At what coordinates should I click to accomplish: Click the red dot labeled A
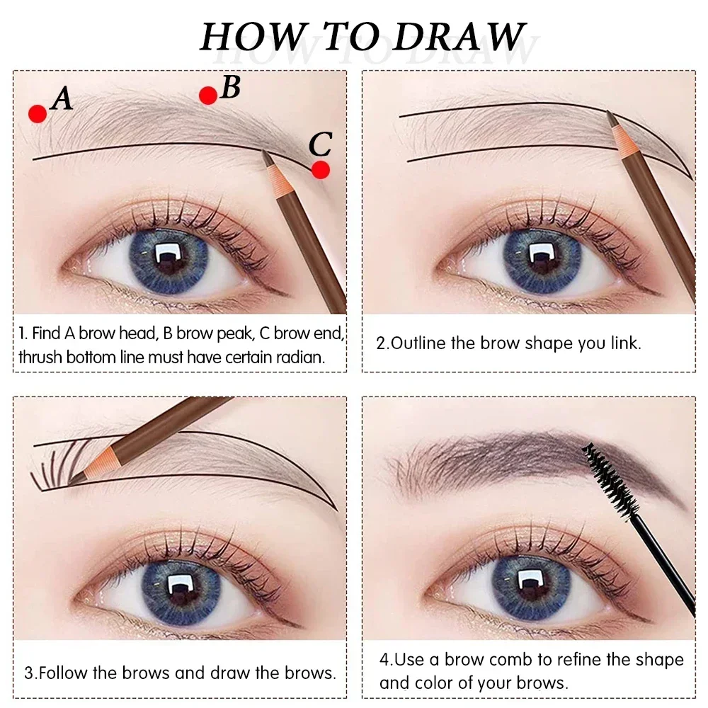38,113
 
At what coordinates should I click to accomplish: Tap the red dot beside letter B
207,96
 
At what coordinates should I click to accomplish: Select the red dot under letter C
321,170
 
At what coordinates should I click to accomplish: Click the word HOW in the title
242,37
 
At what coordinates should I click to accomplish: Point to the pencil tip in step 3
77,479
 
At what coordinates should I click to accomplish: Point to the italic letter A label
62,98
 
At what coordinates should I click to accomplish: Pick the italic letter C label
320,145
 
